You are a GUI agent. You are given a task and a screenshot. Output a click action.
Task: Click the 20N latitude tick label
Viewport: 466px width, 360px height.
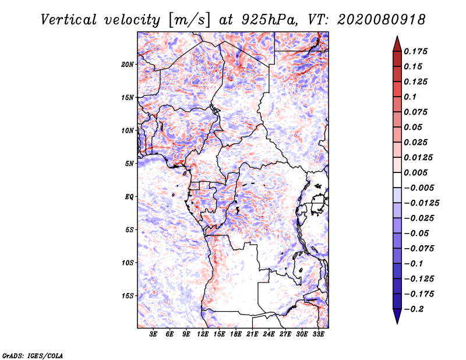128,64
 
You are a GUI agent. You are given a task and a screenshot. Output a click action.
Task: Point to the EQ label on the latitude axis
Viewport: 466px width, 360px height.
129,196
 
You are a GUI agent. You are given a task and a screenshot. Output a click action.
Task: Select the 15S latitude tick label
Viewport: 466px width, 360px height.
128,295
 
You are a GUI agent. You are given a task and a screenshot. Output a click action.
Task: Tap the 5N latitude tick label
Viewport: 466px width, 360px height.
129,163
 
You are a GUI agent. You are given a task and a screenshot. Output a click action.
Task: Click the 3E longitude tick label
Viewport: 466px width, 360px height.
154,334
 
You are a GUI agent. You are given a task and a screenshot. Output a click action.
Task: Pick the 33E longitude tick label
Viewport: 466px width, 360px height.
319,334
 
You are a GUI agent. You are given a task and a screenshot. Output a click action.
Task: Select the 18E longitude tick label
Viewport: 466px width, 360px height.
236,334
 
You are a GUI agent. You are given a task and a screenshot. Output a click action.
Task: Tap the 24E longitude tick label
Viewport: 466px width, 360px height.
269,334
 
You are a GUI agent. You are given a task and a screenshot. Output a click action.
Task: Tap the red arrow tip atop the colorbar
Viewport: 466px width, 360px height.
396,42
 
